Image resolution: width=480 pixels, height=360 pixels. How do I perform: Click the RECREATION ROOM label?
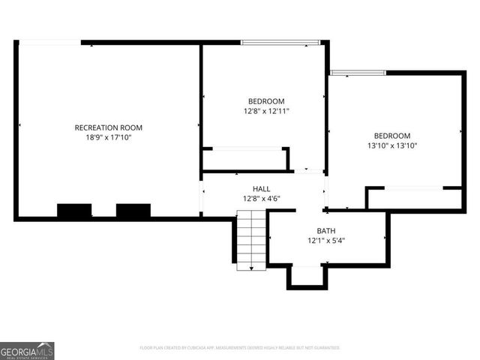[108, 127]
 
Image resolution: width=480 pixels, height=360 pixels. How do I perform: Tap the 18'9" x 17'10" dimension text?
[108, 137]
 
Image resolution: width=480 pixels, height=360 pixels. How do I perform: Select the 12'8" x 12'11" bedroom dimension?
[266, 111]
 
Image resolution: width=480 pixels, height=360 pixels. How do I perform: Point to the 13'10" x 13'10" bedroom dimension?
[392, 145]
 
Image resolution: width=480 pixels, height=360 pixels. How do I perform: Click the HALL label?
[261, 189]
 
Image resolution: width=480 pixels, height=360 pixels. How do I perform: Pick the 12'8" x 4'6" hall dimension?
[261, 199]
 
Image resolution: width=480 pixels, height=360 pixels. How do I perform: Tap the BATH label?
[325, 231]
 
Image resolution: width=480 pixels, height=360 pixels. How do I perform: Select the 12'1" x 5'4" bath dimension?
[325, 241]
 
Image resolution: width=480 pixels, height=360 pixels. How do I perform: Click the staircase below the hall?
[250, 240]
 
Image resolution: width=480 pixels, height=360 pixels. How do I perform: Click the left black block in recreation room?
[74, 211]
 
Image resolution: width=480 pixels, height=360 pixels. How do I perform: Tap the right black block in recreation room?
[133, 211]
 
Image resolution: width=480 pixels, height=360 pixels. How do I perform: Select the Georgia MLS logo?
[27, 350]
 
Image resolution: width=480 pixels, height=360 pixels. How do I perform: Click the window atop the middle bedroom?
[274, 43]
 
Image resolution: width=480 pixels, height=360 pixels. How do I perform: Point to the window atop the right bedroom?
[358, 73]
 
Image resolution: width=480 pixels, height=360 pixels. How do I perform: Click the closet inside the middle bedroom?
[245, 160]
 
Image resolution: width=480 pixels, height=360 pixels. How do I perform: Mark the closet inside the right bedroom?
[414, 199]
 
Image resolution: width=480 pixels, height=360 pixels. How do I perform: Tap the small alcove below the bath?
[307, 276]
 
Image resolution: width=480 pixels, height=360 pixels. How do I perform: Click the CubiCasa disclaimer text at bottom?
[240, 348]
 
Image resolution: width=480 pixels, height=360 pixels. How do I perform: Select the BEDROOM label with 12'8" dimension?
[266, 101]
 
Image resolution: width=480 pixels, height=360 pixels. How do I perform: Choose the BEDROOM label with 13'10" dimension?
[392, 136]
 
